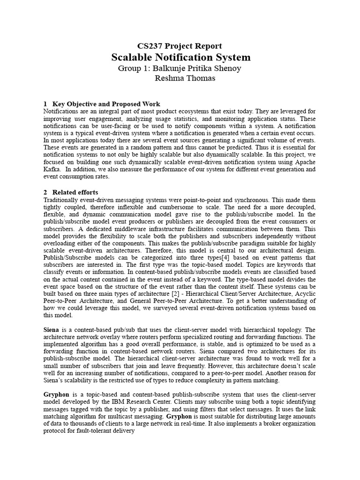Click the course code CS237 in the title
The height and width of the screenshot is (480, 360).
[149, 46]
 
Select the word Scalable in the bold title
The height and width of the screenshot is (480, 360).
[131, 58]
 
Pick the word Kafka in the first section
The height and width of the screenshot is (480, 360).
[52, 170]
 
